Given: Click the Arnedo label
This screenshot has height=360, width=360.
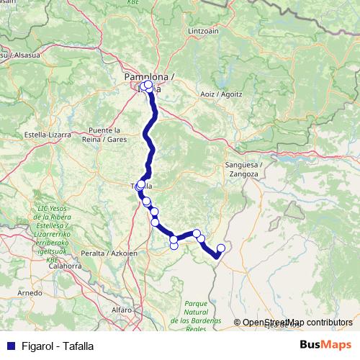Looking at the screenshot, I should [x=30, y=294].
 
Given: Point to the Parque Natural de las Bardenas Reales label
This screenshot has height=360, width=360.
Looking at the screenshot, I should [x=196, y=317].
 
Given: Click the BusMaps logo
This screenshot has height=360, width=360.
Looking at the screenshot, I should [x=325, y=345].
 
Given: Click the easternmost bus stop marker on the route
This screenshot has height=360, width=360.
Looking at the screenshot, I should [x=221, y=248].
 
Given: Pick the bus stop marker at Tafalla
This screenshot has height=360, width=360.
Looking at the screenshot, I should [x=140, y=185].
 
